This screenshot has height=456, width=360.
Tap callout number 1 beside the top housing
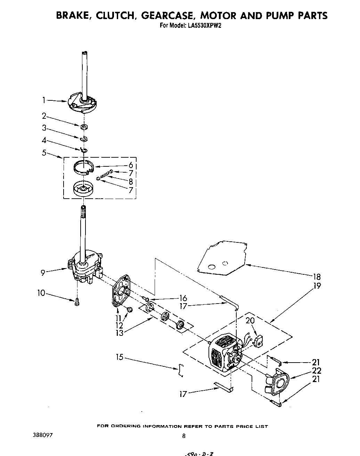(x=44, y=100)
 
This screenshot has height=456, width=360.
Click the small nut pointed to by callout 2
(x=83, y=127)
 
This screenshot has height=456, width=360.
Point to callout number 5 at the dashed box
(x=44, y=152)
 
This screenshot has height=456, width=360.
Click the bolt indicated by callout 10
(x=77, y=302)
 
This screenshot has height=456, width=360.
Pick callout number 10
(x=41, y=293)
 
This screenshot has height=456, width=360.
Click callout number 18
(x=316, y=277)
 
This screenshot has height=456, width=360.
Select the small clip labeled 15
(x=180, y=370)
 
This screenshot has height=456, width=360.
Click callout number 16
(x=183, y=298)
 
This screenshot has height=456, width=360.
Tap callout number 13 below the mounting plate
(x=119, y=333)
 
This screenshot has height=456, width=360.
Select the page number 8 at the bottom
(x=183, y=436)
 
